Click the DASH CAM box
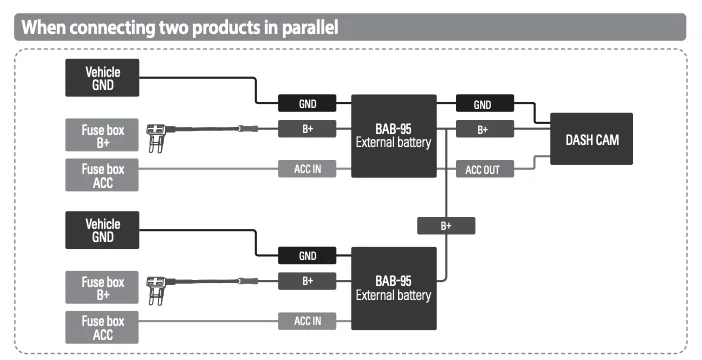pos(591,139)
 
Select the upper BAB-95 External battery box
pos(394,136)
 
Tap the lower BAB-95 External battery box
pos(394,288)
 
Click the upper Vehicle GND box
pos(102,78)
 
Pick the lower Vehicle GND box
pos(102,230)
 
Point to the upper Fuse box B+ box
pos(102,135)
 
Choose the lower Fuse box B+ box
pos(102,287)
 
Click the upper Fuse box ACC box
pos(102,175)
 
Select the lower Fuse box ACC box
pos(102,327)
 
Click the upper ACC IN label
pos(307,169)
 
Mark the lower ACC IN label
pos(307,321)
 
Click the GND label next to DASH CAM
pos(485,103)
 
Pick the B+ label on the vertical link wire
pos(446,226)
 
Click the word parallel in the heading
pos(310,27)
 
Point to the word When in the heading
pos(43,27)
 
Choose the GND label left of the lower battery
pos(307,255)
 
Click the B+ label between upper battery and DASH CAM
pos(485,129)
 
